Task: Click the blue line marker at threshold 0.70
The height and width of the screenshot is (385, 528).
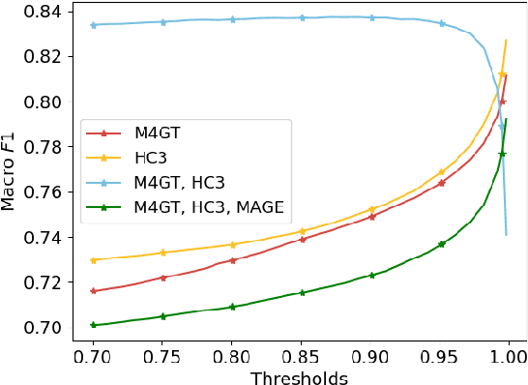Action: [94, 24]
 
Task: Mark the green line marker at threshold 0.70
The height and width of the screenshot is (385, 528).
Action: [94, 325]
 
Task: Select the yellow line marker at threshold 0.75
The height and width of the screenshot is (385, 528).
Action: [163, 252]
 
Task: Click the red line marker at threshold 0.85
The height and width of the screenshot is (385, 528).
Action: [303, 239]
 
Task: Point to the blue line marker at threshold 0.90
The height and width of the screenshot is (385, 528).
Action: [372, 17]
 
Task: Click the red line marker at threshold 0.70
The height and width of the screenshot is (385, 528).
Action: [94, 291]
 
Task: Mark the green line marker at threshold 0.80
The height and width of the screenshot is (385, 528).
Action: [233, 307]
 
